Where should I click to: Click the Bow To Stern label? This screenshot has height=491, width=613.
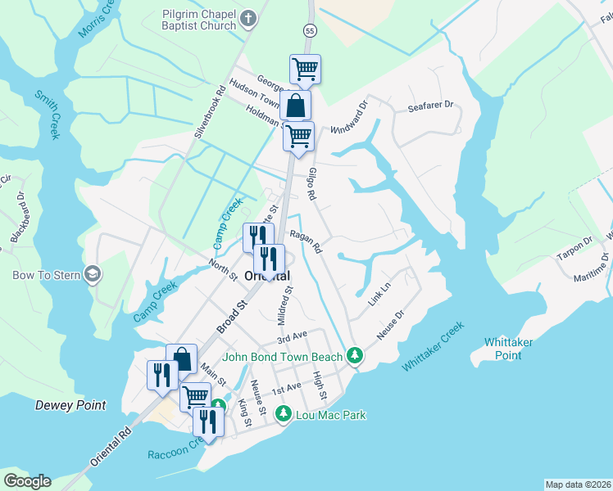pos(46,275)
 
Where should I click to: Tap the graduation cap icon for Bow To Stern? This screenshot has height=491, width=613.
pos(93,273)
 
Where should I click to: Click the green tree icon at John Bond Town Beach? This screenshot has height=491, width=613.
pos(354,355)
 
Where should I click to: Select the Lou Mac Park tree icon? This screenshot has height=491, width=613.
pos(284,415)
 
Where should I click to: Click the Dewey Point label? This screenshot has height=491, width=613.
pos(70,405)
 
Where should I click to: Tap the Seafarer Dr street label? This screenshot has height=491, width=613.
pos(431,106)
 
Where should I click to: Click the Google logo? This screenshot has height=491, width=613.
pos(27,481)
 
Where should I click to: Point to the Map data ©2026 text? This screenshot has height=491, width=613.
pos(578,484)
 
